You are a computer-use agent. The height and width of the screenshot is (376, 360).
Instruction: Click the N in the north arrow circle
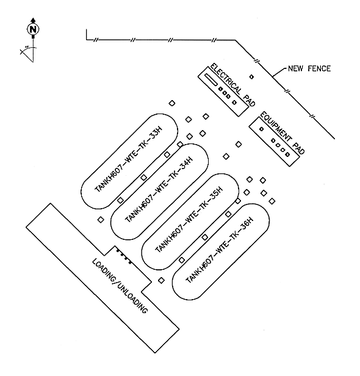[33, 29]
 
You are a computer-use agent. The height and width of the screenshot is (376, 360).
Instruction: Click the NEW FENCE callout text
[309, 68]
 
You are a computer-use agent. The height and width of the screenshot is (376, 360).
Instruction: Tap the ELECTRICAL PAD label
[232, 85]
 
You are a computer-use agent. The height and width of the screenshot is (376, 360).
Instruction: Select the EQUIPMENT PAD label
[283, 132]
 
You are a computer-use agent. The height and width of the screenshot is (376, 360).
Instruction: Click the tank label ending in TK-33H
[129, 159]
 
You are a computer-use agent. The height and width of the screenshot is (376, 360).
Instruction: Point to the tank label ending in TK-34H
[159, 189]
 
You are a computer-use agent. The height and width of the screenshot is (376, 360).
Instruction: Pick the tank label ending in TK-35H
[189, 219]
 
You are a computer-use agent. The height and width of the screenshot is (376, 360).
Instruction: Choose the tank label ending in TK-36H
[220, 250]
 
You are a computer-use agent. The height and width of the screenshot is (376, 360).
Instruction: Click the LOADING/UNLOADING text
[120, 286]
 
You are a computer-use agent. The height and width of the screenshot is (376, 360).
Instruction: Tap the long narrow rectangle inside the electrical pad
[211, 79]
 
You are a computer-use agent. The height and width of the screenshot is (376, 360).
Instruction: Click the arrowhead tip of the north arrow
[33, 18]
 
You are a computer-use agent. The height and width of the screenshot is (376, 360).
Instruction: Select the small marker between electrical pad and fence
[251, 77]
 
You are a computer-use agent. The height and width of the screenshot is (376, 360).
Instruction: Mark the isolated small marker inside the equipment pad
[262, 129]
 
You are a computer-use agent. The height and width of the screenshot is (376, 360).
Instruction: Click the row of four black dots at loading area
[124, 257]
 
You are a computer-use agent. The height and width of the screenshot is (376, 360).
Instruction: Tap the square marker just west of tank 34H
[101, 219]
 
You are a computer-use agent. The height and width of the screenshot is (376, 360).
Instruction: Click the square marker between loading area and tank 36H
[161, 280]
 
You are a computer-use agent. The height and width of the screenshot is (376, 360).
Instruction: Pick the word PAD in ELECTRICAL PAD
[250, 100]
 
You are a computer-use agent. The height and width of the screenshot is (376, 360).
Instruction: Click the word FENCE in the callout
[319, 68]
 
